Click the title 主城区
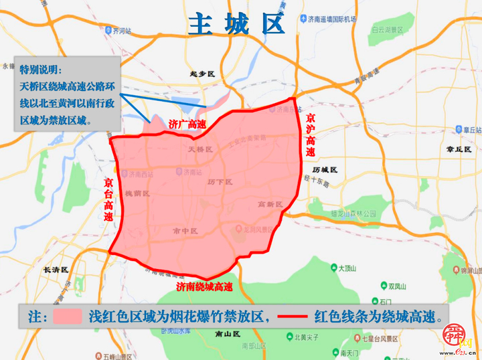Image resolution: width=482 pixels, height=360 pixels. pos(236,24)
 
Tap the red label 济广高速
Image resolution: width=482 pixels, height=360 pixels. pos(187,124)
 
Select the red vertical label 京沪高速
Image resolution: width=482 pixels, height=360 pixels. pos(310,134)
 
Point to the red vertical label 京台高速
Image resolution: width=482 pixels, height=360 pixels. pos(108,200)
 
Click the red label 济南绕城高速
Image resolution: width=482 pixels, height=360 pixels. pos(204,286)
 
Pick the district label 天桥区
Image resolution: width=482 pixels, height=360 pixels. pos(199,149)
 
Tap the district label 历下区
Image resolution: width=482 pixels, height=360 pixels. pos(219,182)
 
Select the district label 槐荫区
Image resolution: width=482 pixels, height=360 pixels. pos(137,193)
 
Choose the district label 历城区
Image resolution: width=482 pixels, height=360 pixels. pos(324,170)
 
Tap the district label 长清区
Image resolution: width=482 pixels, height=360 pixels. pos(55,270)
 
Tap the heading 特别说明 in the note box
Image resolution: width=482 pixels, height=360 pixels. pos(41,70)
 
